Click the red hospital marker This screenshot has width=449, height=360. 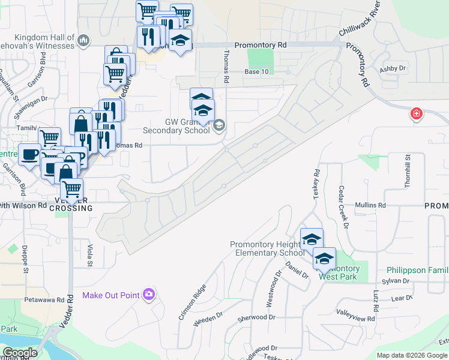point(415,113)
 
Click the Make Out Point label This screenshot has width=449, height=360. point(111,295)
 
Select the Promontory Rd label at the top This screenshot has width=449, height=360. point(261,45)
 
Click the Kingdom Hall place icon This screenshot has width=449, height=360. point(83,41)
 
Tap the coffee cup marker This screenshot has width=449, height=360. point(29,154)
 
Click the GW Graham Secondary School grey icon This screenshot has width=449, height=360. point(218,125)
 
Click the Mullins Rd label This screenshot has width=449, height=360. point(370,205)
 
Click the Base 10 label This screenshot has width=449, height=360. point(256,72)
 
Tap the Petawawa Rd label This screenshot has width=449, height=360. point(44,298)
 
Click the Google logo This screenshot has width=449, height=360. point(20,352)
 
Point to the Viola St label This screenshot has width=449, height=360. point(90,255)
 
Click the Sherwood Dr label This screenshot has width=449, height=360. point(256,317)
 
